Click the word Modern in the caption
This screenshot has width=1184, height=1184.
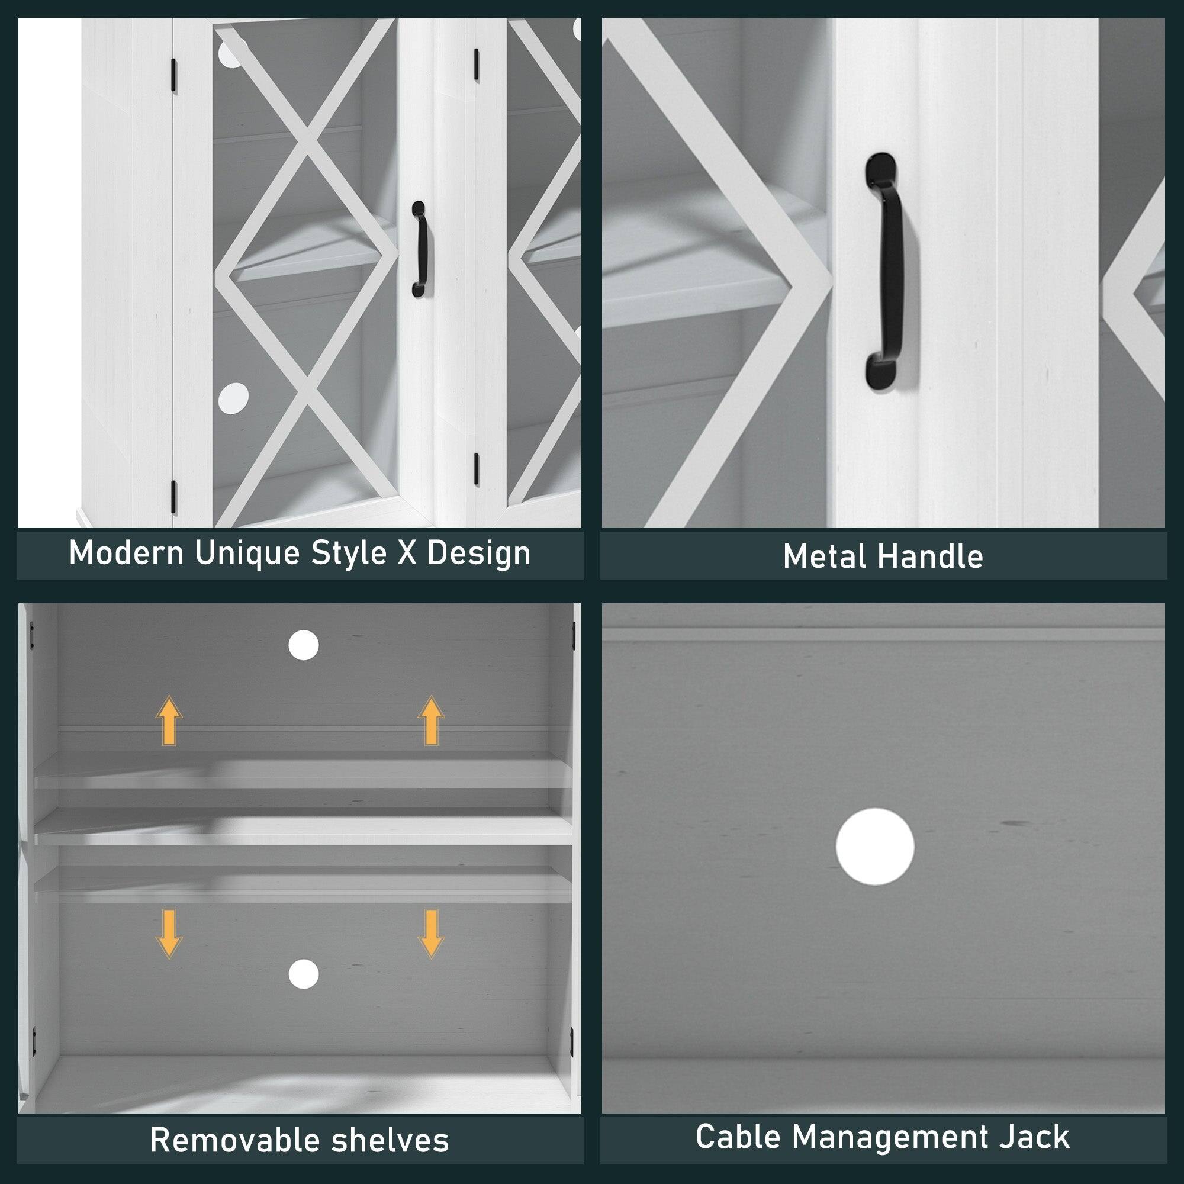click(x=126, y=554)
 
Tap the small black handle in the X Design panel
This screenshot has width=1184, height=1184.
click(x=419, y=250)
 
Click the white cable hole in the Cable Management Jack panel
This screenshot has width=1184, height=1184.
click(x=875, y=847)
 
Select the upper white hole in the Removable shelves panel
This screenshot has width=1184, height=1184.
click(x=303, y=645)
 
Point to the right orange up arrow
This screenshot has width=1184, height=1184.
click(x=431, y=720)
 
